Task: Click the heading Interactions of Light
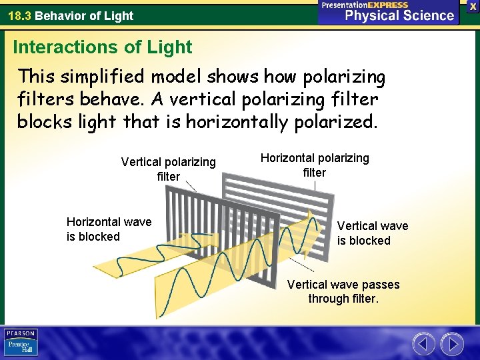click(102, 47)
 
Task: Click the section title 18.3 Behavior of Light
click(71, 15)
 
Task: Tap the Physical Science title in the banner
click(399, 15)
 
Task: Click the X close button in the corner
click(473, 5)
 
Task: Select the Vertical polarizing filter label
click(168, 169)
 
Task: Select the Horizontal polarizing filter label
click(314, 165)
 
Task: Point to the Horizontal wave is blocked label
click(109, 229)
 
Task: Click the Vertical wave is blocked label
click(372, 233)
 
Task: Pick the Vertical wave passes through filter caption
click(343, 291)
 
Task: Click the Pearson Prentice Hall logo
click(21, 342)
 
